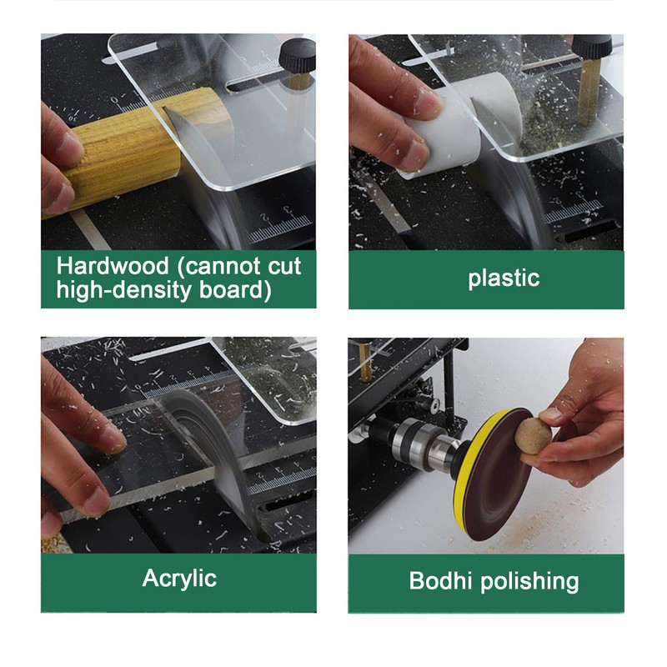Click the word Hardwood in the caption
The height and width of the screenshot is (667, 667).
pyautogui.click(x=113, y=266)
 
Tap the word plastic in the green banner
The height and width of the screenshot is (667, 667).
pyautogui.click(x=504, y=278)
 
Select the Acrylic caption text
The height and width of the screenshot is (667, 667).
pyautogui.click(x=179, y=579)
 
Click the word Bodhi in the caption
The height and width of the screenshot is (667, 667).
pyautogui.click(x=440, y=580)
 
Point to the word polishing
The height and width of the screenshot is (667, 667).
pyautogui.click(x=529, y=582)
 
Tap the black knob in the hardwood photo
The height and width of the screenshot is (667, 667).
pyautogui.click(x=298, y=56)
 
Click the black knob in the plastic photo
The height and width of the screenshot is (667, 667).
pyautogui.click(x=591, y=48)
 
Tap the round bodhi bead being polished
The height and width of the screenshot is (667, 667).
pyautogui.click(x=533, y=436)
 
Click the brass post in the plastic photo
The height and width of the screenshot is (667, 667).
pyautogui.click(x=590, y=91)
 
